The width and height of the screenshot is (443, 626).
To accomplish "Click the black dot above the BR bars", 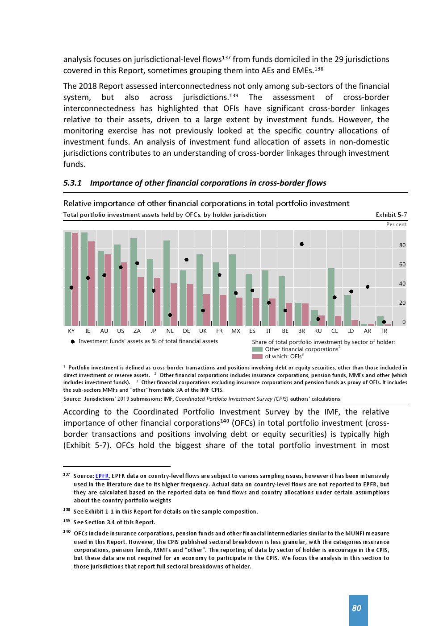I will pos(302,244).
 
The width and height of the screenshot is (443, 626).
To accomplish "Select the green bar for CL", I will pos(331,297).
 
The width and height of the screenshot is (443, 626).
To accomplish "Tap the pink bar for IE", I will pos(92,283).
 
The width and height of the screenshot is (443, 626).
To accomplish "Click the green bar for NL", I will pos(167,283).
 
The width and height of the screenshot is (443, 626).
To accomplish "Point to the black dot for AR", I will pos(368,287).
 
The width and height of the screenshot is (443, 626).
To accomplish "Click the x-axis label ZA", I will pos(137,331).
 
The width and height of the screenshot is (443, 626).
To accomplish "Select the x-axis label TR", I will pos(384,331).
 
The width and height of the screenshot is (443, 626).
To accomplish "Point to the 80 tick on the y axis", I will pos(402,245).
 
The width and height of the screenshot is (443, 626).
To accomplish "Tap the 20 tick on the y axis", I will pos(402,303).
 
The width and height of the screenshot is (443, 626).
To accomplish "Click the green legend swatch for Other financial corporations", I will pos(257,349).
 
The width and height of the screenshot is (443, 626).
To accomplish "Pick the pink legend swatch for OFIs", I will pos(257,357).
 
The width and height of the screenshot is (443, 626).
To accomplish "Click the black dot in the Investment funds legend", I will pos(73,342).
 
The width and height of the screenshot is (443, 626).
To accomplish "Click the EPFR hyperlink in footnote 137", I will pos(102,476).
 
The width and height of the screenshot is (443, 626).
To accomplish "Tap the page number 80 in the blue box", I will pos(357,608).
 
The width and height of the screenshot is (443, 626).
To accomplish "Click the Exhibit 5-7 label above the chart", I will pos(391,215).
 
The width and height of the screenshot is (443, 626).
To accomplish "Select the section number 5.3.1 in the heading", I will pos(72,183).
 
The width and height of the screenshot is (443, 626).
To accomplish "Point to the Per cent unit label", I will pos(396,224).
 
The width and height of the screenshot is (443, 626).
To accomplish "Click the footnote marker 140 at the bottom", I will pos(67,532).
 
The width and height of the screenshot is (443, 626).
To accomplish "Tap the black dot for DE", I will pos(187,260).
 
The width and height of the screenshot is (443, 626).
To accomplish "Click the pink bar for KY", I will pos(75,279).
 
